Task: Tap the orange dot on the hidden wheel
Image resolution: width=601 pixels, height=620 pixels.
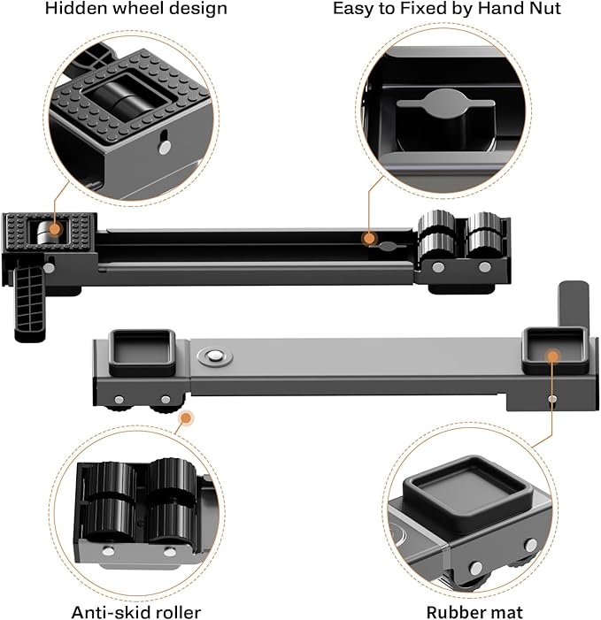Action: [54, 228]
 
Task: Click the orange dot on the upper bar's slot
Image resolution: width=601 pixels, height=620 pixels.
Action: [368, 238]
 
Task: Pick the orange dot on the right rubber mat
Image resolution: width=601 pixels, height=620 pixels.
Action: [553, 356]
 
